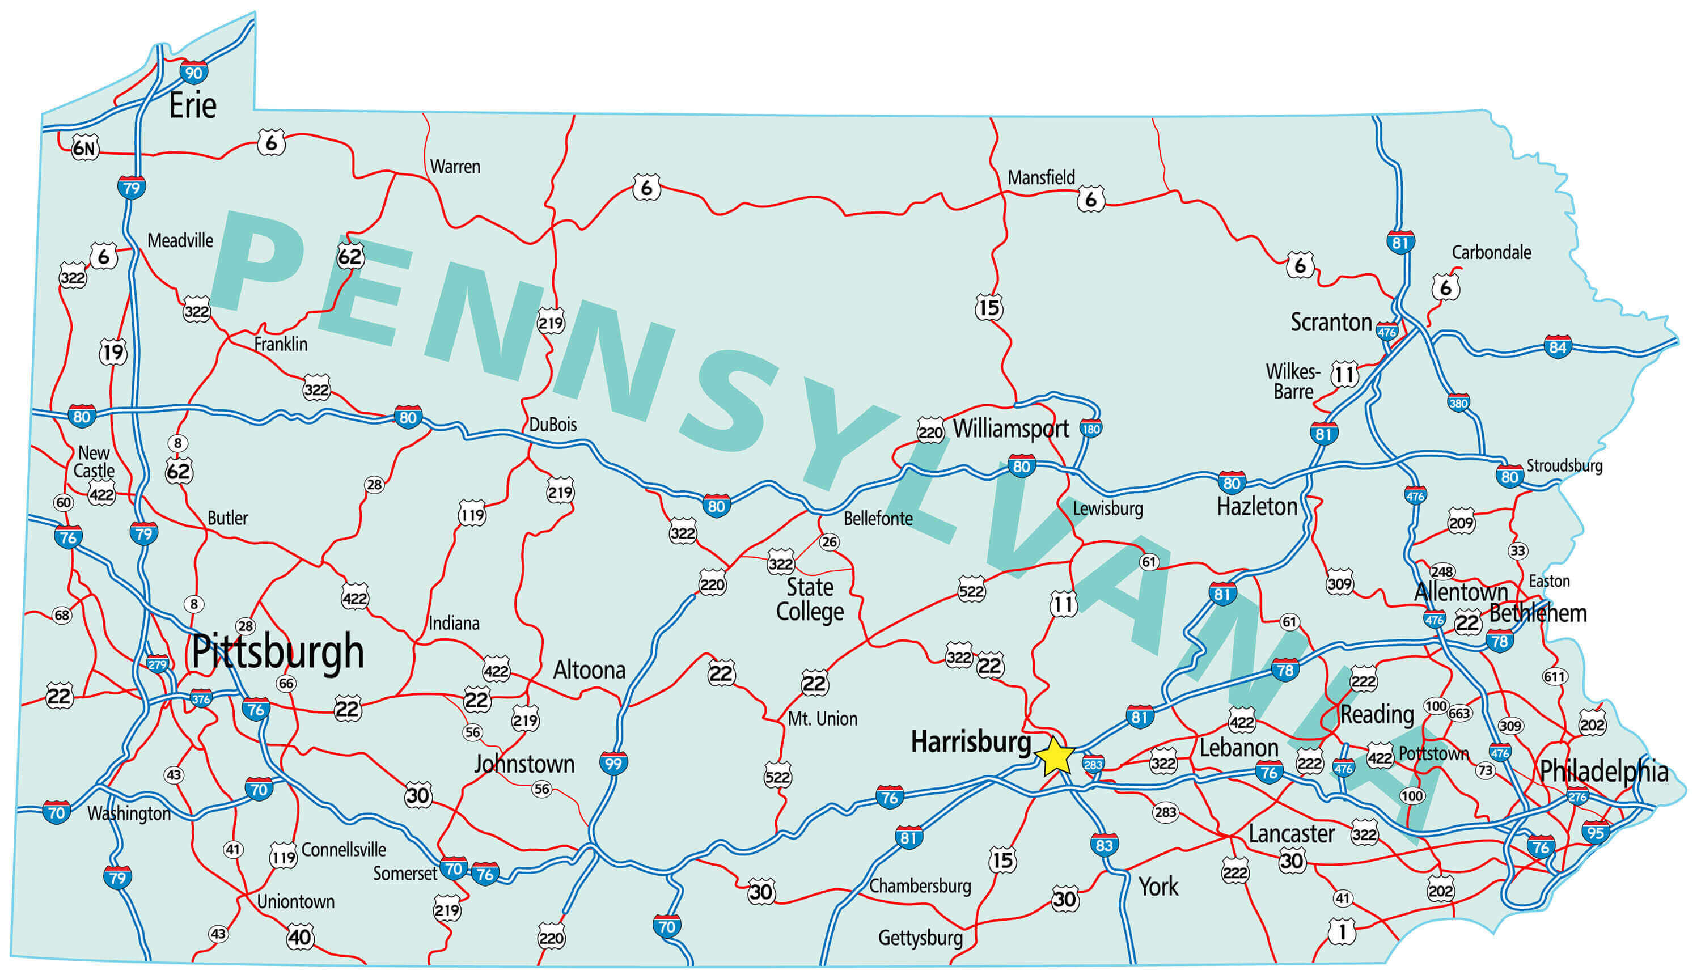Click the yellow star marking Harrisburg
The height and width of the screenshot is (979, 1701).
tap(1056, 756)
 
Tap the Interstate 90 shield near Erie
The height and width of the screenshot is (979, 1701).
tap(193, 73)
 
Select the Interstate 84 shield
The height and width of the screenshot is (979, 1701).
tap(1558, 347)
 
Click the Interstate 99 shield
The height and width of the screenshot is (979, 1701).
tap(613, 764)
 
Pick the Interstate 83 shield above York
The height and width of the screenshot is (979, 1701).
tap(1104, 845)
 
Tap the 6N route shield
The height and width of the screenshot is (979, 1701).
tap(84, 148)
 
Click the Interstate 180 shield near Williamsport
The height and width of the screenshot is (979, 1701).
tap(1090, 429)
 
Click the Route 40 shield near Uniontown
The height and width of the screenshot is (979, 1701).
tap(300, 936)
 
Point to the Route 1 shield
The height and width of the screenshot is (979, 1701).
tap(1342, 931)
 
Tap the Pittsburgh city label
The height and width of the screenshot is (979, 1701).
tap(278, 651)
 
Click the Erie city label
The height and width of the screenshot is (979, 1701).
tap(193, 105)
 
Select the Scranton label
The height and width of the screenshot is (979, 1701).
tap(1331, 323)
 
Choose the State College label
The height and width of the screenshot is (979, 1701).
tap(810, 600)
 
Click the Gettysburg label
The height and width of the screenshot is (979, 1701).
tap(920, 937)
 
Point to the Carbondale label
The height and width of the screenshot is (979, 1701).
tap(1491, 253)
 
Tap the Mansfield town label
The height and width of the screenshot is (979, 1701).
tap(1041, 178)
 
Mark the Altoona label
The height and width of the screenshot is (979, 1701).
tap(589, 669)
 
